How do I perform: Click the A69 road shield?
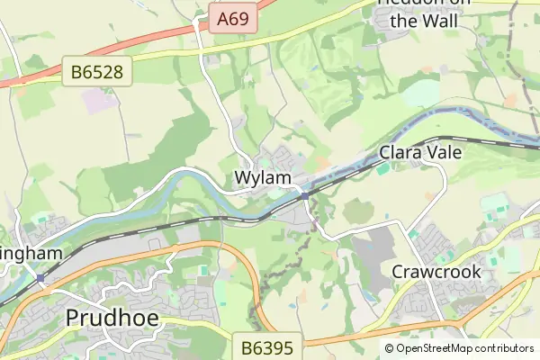pos(234,17)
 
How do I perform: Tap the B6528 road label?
pos(98,71)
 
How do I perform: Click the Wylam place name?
pos(263,178)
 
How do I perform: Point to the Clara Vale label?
pos(420,153)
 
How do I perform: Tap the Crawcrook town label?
pos(436,272)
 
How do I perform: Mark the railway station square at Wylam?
pos(305,195)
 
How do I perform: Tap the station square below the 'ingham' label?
pos(40,279)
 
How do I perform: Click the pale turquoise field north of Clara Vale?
pos(420,94)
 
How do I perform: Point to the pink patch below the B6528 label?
pos(101,99)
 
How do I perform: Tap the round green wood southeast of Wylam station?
pos(357,211)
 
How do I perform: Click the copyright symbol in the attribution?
pos(389,348)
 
